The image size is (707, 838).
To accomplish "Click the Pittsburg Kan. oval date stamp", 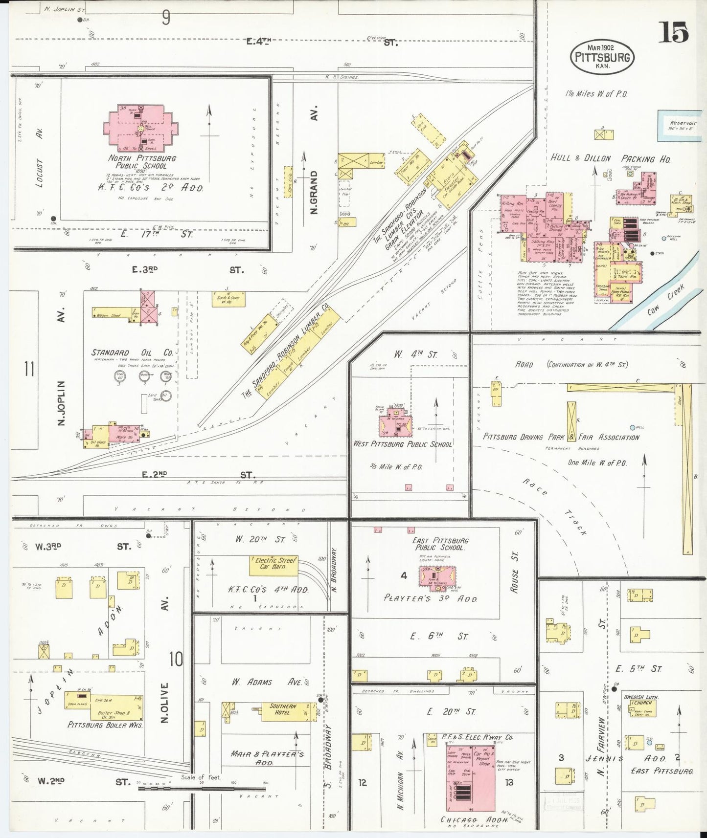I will [x=602, y=57].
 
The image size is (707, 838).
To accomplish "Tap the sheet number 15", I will [x=676, y=33].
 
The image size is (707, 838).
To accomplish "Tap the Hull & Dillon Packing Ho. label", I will [x=610, y=158].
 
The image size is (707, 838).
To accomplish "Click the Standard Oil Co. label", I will [x=132, y=353].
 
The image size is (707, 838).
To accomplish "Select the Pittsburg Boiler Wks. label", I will [x=105, y=725].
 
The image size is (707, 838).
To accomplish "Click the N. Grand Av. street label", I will [x=314, y=192].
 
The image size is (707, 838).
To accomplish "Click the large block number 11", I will [x=29, y=369].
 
